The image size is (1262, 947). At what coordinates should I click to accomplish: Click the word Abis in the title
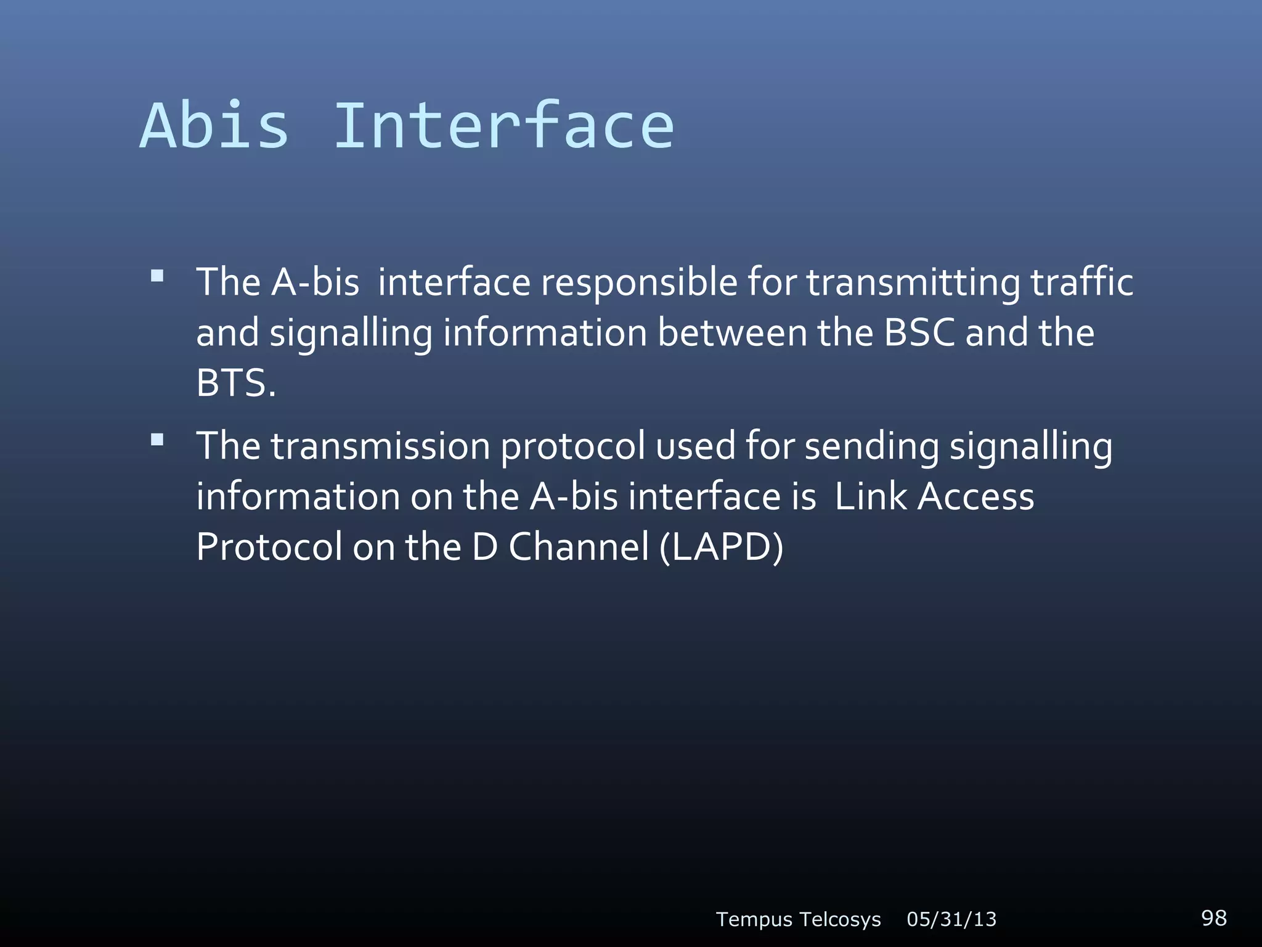point(214,126)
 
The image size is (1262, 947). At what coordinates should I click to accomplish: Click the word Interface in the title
point(503,126)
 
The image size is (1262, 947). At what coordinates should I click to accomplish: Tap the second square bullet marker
point(157,440)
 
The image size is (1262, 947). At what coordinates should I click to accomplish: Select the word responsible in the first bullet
point(639,284)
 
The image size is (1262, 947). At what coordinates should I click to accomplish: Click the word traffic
point(1081,282)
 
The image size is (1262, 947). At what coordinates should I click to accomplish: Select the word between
point(732,333)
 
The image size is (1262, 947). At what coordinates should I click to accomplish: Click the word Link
point(870,497)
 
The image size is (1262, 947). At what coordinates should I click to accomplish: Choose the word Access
point(975,497)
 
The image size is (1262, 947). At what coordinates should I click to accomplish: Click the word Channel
point(579,547)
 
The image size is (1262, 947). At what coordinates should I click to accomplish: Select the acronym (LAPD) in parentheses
point(721,547)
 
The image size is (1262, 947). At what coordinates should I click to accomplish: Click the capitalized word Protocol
point(269,548)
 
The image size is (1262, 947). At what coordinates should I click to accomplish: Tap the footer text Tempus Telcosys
point(798,919)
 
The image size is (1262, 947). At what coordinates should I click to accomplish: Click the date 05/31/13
point(951,919)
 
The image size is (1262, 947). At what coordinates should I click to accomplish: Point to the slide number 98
point(1213,917)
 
